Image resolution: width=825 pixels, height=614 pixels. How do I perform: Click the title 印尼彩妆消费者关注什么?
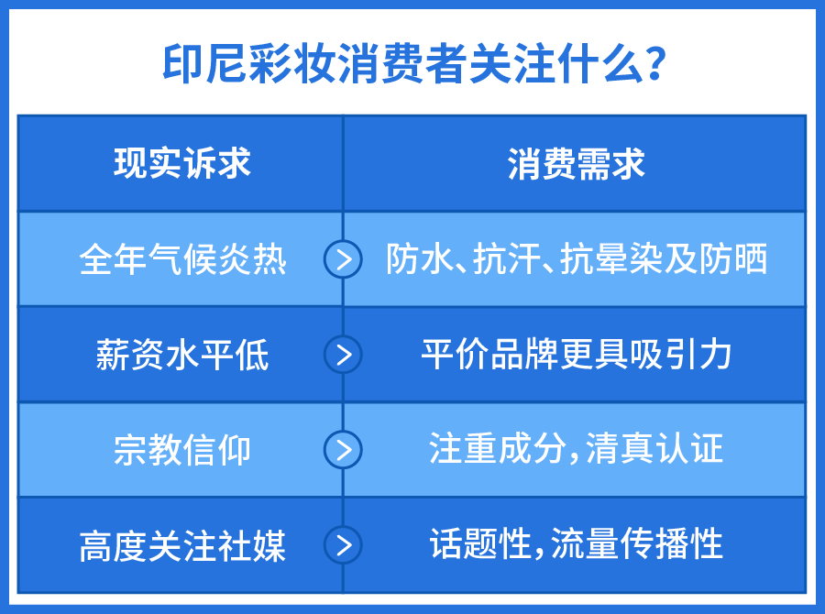[x=412, y=64]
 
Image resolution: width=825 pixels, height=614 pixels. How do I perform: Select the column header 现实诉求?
[x=182, y=164]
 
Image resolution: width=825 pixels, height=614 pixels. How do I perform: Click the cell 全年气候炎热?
[x=182, y=260]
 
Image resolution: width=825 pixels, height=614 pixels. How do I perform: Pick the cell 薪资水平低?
[x=182, y=355]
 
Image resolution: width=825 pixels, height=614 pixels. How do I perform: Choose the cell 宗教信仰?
[x=182, y=450]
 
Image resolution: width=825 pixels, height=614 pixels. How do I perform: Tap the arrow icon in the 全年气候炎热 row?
[x=343, y=259]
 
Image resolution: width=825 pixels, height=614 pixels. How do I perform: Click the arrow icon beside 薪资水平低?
[x=343, y=355]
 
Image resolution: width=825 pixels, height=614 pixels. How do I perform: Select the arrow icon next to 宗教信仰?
[x=343, y=450]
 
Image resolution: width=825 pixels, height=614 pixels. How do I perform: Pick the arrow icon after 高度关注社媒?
[x=343, y=545]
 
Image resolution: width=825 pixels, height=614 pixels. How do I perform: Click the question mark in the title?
[x=654, y=64]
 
